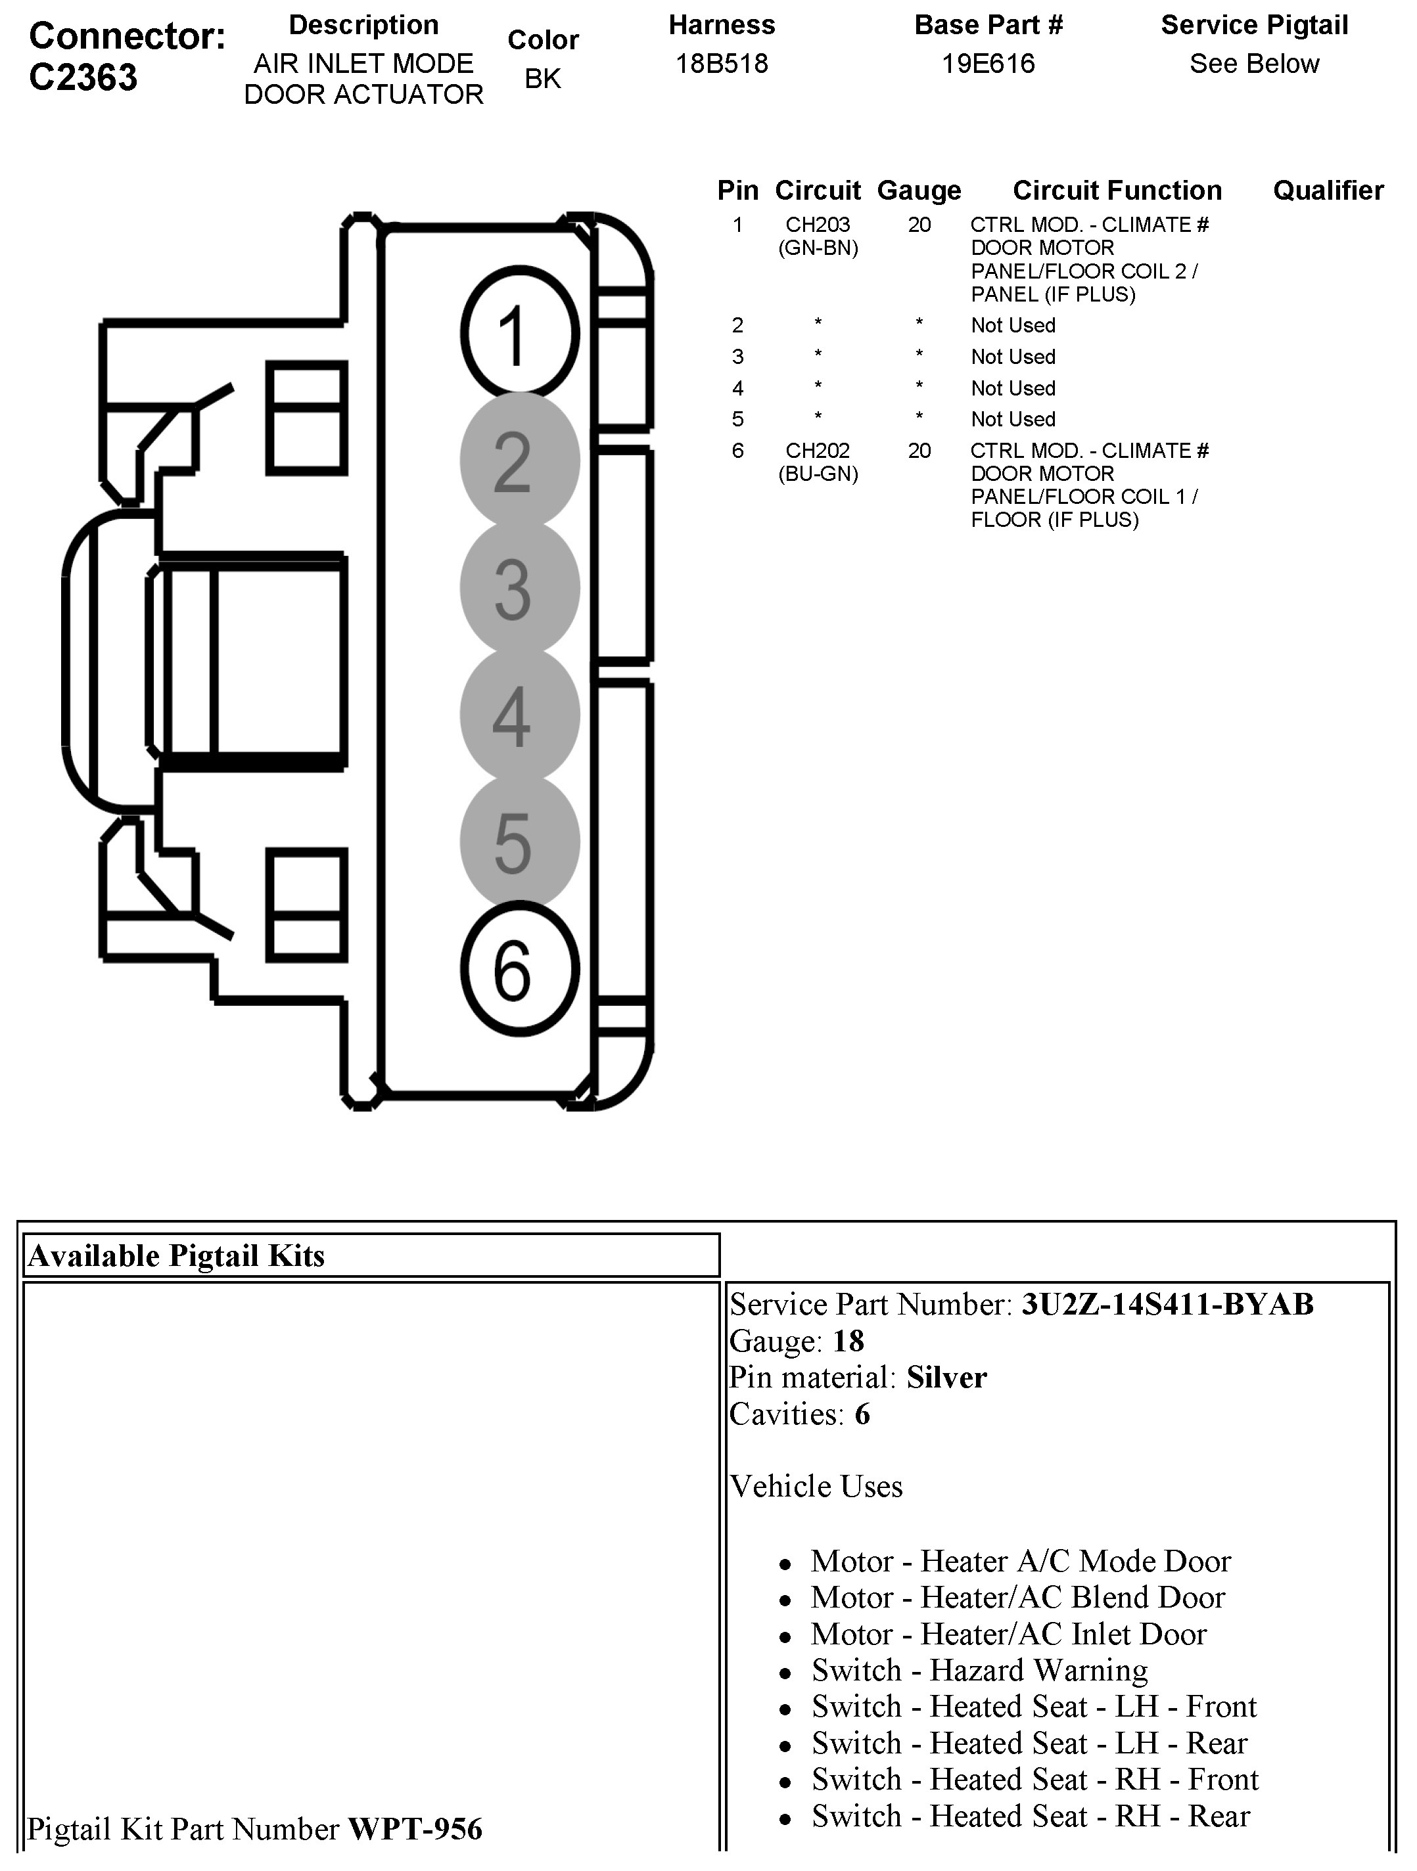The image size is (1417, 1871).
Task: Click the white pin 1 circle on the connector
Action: [x=519, y=333]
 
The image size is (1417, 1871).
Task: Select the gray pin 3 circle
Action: [x=519, y=587]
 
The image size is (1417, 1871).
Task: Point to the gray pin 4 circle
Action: [x=519, y=715]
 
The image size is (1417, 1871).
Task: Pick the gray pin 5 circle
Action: [x=519, y=842]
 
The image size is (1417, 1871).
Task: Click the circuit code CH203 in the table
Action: [x=817, y=225]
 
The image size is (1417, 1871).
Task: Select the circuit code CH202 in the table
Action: [x=817, y=451]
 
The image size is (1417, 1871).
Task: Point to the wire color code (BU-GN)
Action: [x=817, y=474]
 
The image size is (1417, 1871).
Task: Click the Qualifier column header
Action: [x=1328, y=191]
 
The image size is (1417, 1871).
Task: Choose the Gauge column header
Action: [x=919, y=191]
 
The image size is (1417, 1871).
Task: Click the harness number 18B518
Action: [x=722, y=64]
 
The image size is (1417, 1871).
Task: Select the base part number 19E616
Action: [x=988, y=64]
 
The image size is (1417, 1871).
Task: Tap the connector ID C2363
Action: [x=83, y=78]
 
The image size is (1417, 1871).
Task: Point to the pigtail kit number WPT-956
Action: [x=415, y=1829]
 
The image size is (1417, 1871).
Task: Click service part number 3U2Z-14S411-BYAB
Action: [x=1167, y=1304]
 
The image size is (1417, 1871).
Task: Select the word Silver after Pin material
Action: [x=946, y=1378]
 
